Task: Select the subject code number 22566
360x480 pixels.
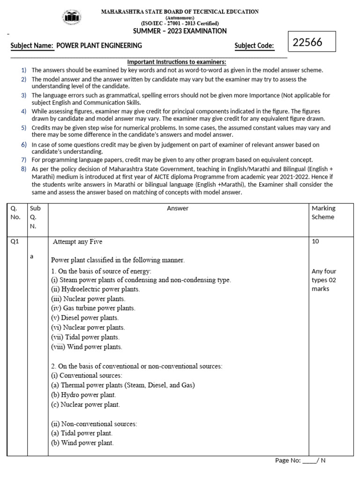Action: click(307, 43)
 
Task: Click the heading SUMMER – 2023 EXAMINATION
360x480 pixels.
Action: click(180, 31)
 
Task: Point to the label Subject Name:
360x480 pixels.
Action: click(32, 45)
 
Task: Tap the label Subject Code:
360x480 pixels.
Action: click(254, 45)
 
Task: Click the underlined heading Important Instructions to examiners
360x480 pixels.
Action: click(177, 62)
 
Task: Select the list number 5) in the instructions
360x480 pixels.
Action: click(23, 127)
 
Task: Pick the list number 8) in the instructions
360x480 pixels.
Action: click(23, 168)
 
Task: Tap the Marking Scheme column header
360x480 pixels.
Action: click(323, 212)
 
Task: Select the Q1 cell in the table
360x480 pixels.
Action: click(16, 241)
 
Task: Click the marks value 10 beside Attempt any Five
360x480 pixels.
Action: click(315, 241)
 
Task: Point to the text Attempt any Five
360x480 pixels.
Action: click(77, 242)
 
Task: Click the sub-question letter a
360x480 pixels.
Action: click(31, 256)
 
